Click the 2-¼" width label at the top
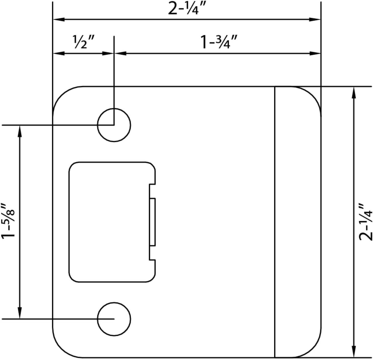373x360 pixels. [x=187, y=9]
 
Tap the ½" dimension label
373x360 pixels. [x=84, y=42]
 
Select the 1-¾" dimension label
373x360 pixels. [x=219, y=42]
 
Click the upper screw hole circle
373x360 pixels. [x=114, y=125]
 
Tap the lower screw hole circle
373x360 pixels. [x=114, y=319]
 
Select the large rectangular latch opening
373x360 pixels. [x=109, y=222]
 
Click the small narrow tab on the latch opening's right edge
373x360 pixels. [x=153, y=222]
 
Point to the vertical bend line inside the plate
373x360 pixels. [x=275, y=222]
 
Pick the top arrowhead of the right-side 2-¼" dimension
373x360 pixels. [x=354, y=92]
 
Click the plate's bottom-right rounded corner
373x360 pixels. [x=312, y=349]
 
